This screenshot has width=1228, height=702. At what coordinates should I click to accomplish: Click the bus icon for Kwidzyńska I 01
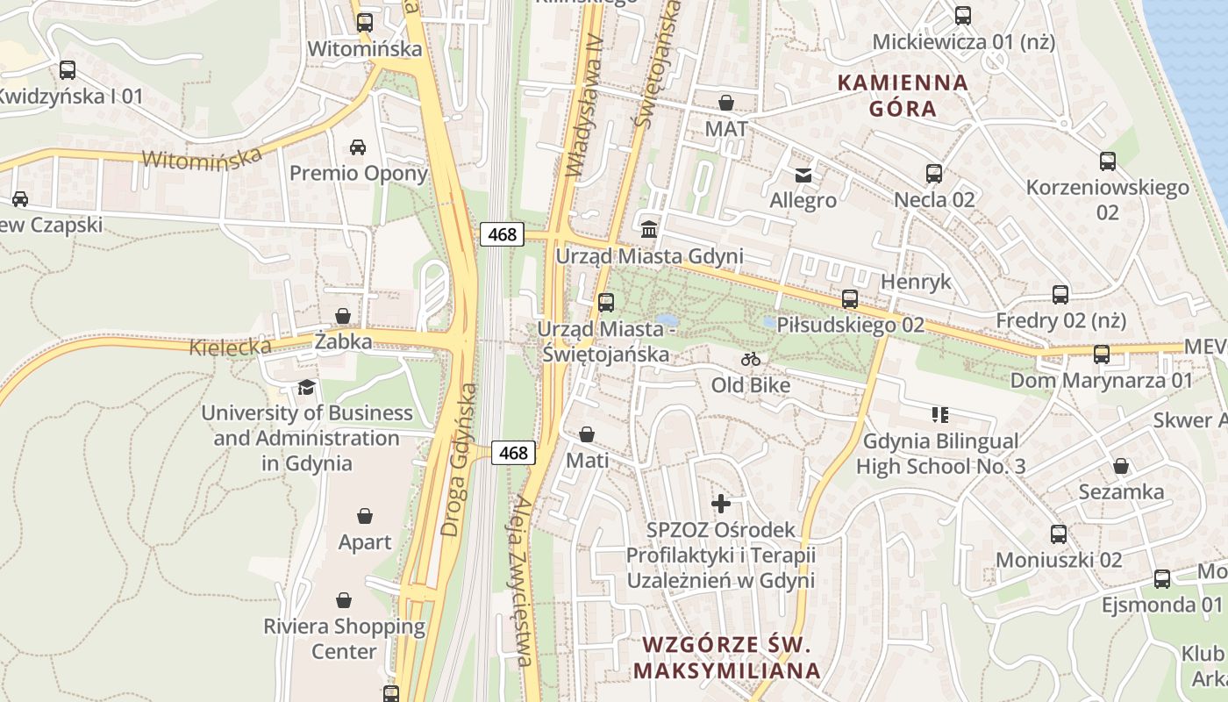click(68, 70)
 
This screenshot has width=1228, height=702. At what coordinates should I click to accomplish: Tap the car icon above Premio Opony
click(358, 147)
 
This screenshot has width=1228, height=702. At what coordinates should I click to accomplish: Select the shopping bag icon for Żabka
click(343, 316)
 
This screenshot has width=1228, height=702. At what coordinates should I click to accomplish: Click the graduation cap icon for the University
click(306, 387)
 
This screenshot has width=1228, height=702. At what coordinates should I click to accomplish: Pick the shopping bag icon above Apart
click(365, 516)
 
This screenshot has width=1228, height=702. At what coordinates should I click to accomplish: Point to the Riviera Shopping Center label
click(344, 639)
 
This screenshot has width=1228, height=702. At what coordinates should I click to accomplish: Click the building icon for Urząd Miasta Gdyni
click(649, 229)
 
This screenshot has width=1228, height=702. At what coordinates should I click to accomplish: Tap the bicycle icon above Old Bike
click(750, 359)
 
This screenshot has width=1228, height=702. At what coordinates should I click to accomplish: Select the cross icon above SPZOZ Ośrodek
click(721, 504)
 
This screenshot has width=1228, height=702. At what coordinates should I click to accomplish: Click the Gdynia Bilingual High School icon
click(940, 414)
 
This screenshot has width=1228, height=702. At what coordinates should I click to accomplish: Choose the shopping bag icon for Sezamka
click(1121, 466)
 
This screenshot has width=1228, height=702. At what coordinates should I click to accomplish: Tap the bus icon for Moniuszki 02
click(1059, 534)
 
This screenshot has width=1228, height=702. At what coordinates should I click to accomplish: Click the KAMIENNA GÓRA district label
click(903, 96)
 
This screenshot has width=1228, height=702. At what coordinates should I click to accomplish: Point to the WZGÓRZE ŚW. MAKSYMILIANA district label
click(726, 657)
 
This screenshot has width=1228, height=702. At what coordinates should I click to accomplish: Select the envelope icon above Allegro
click(803, 175)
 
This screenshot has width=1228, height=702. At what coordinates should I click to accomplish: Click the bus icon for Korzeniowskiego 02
click(1108, 161)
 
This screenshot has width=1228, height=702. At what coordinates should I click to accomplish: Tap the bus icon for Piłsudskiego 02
click(850, 299)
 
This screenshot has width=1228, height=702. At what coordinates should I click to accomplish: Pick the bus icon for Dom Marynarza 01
click(1102, 355)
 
